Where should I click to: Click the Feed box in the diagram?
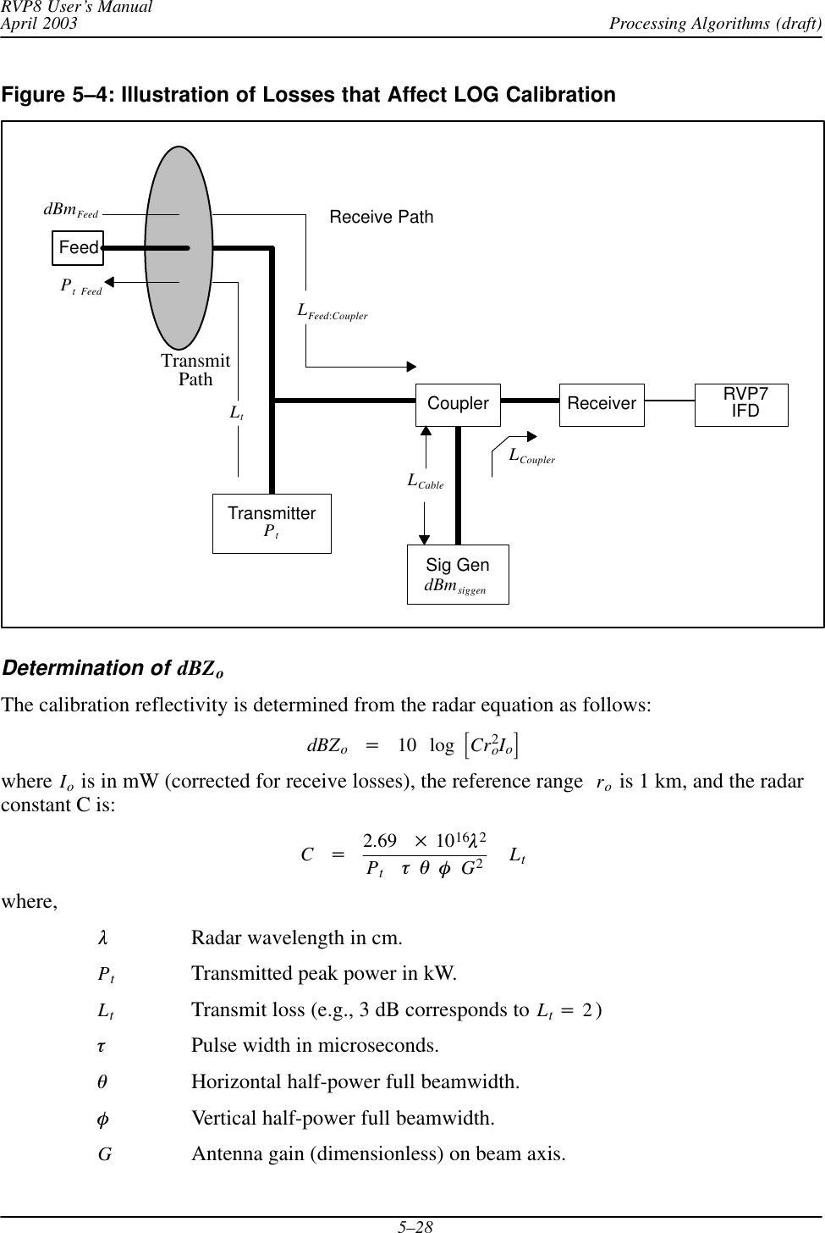click(78, 247)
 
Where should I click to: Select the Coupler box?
click(458, 404)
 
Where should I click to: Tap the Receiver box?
click(602, 404)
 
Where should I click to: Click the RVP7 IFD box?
click(741, 404)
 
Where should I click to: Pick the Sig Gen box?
click(458, 574)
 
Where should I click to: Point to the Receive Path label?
click(381, 218)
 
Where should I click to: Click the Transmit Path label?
click(195, 371)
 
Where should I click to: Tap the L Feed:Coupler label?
click(332, 312)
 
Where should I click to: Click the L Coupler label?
click(531, 456)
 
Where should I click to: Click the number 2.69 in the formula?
click(380, 841)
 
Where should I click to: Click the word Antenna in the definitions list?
click(225, 1153)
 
